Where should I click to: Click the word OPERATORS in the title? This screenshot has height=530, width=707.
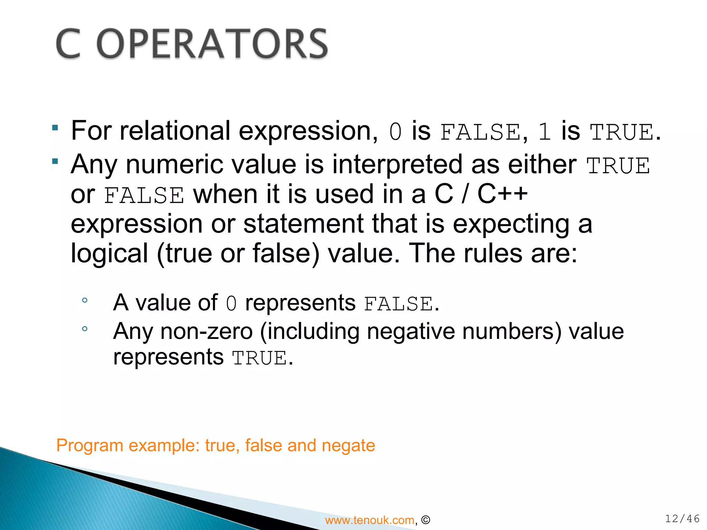[x=212, y=44]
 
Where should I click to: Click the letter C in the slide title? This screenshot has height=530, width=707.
[x=68, y=44]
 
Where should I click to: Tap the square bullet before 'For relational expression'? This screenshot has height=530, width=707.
[x=55, y=128]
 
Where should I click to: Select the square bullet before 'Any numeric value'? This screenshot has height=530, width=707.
[x=55, y=161]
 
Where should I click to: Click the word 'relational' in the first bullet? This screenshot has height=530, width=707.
[x=175, y=131]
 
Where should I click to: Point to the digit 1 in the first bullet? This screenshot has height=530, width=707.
[x=544, y=132]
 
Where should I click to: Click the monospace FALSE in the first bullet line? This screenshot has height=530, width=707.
[x=481, y=132]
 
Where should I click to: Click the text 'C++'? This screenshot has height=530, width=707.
[x=502, y=194]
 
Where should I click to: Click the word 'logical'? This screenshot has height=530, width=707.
[x=109, y=254]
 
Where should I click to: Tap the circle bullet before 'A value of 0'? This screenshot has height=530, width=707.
[x=85, y=301]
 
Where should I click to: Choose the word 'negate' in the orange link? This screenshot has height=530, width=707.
[x=348, y=445]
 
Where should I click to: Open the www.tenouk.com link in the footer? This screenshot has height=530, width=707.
[x=370, y=520]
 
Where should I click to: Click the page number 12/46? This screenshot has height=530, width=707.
[x=682, y=519]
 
